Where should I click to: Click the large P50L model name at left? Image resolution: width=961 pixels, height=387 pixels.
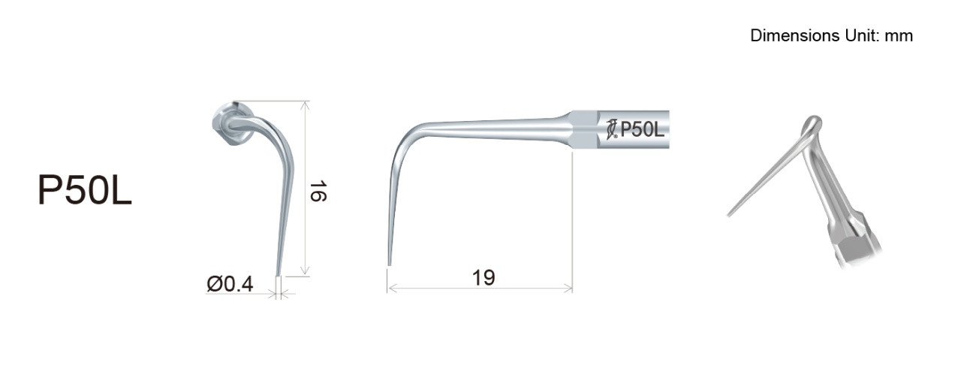click(x=85, y=190)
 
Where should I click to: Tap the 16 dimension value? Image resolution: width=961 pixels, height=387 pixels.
click(x=318, y=191)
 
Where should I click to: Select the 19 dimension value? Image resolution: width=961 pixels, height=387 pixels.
click(x=484, y=277)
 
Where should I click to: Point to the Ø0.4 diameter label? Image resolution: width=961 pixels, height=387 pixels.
click(x=230, y=284)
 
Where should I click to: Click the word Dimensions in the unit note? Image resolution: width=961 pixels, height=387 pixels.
click(x=796, y=35)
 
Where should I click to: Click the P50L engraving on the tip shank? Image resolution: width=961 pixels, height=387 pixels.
click(x=642, y=129)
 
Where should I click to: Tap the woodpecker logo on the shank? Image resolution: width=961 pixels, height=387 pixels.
click(x=612, y=129)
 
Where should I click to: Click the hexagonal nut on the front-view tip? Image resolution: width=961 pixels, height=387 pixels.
click(x=231, y=123)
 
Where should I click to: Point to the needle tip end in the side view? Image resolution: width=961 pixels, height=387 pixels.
click(x=389, y=265)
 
